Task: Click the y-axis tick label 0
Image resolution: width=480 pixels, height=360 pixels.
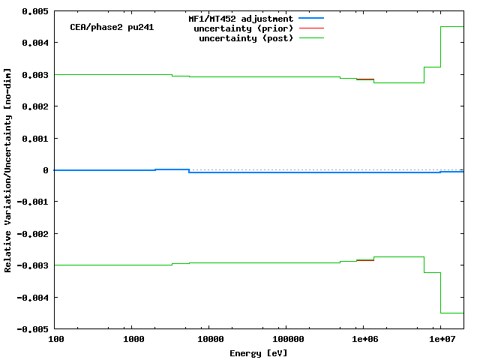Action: pyautogui.click(x=47, y=170)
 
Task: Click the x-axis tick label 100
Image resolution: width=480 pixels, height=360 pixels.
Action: pyautogui.click(x=55, y=340)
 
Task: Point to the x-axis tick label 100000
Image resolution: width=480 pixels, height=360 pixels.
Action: pyautogui.click(x=287, y=340)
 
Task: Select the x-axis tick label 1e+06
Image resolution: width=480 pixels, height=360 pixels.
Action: pyautogui.click(x=364, y=340)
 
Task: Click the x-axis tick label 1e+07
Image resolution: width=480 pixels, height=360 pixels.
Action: pyautogui.click(x=442, y=340)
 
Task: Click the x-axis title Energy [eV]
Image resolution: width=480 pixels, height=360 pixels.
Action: pyautogui.click(x=258, y=352)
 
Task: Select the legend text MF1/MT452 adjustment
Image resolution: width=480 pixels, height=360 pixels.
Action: pyautogui.click(x=240, y=18)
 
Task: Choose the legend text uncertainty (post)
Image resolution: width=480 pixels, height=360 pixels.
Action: pyautogui.click(x=246, y=37)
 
